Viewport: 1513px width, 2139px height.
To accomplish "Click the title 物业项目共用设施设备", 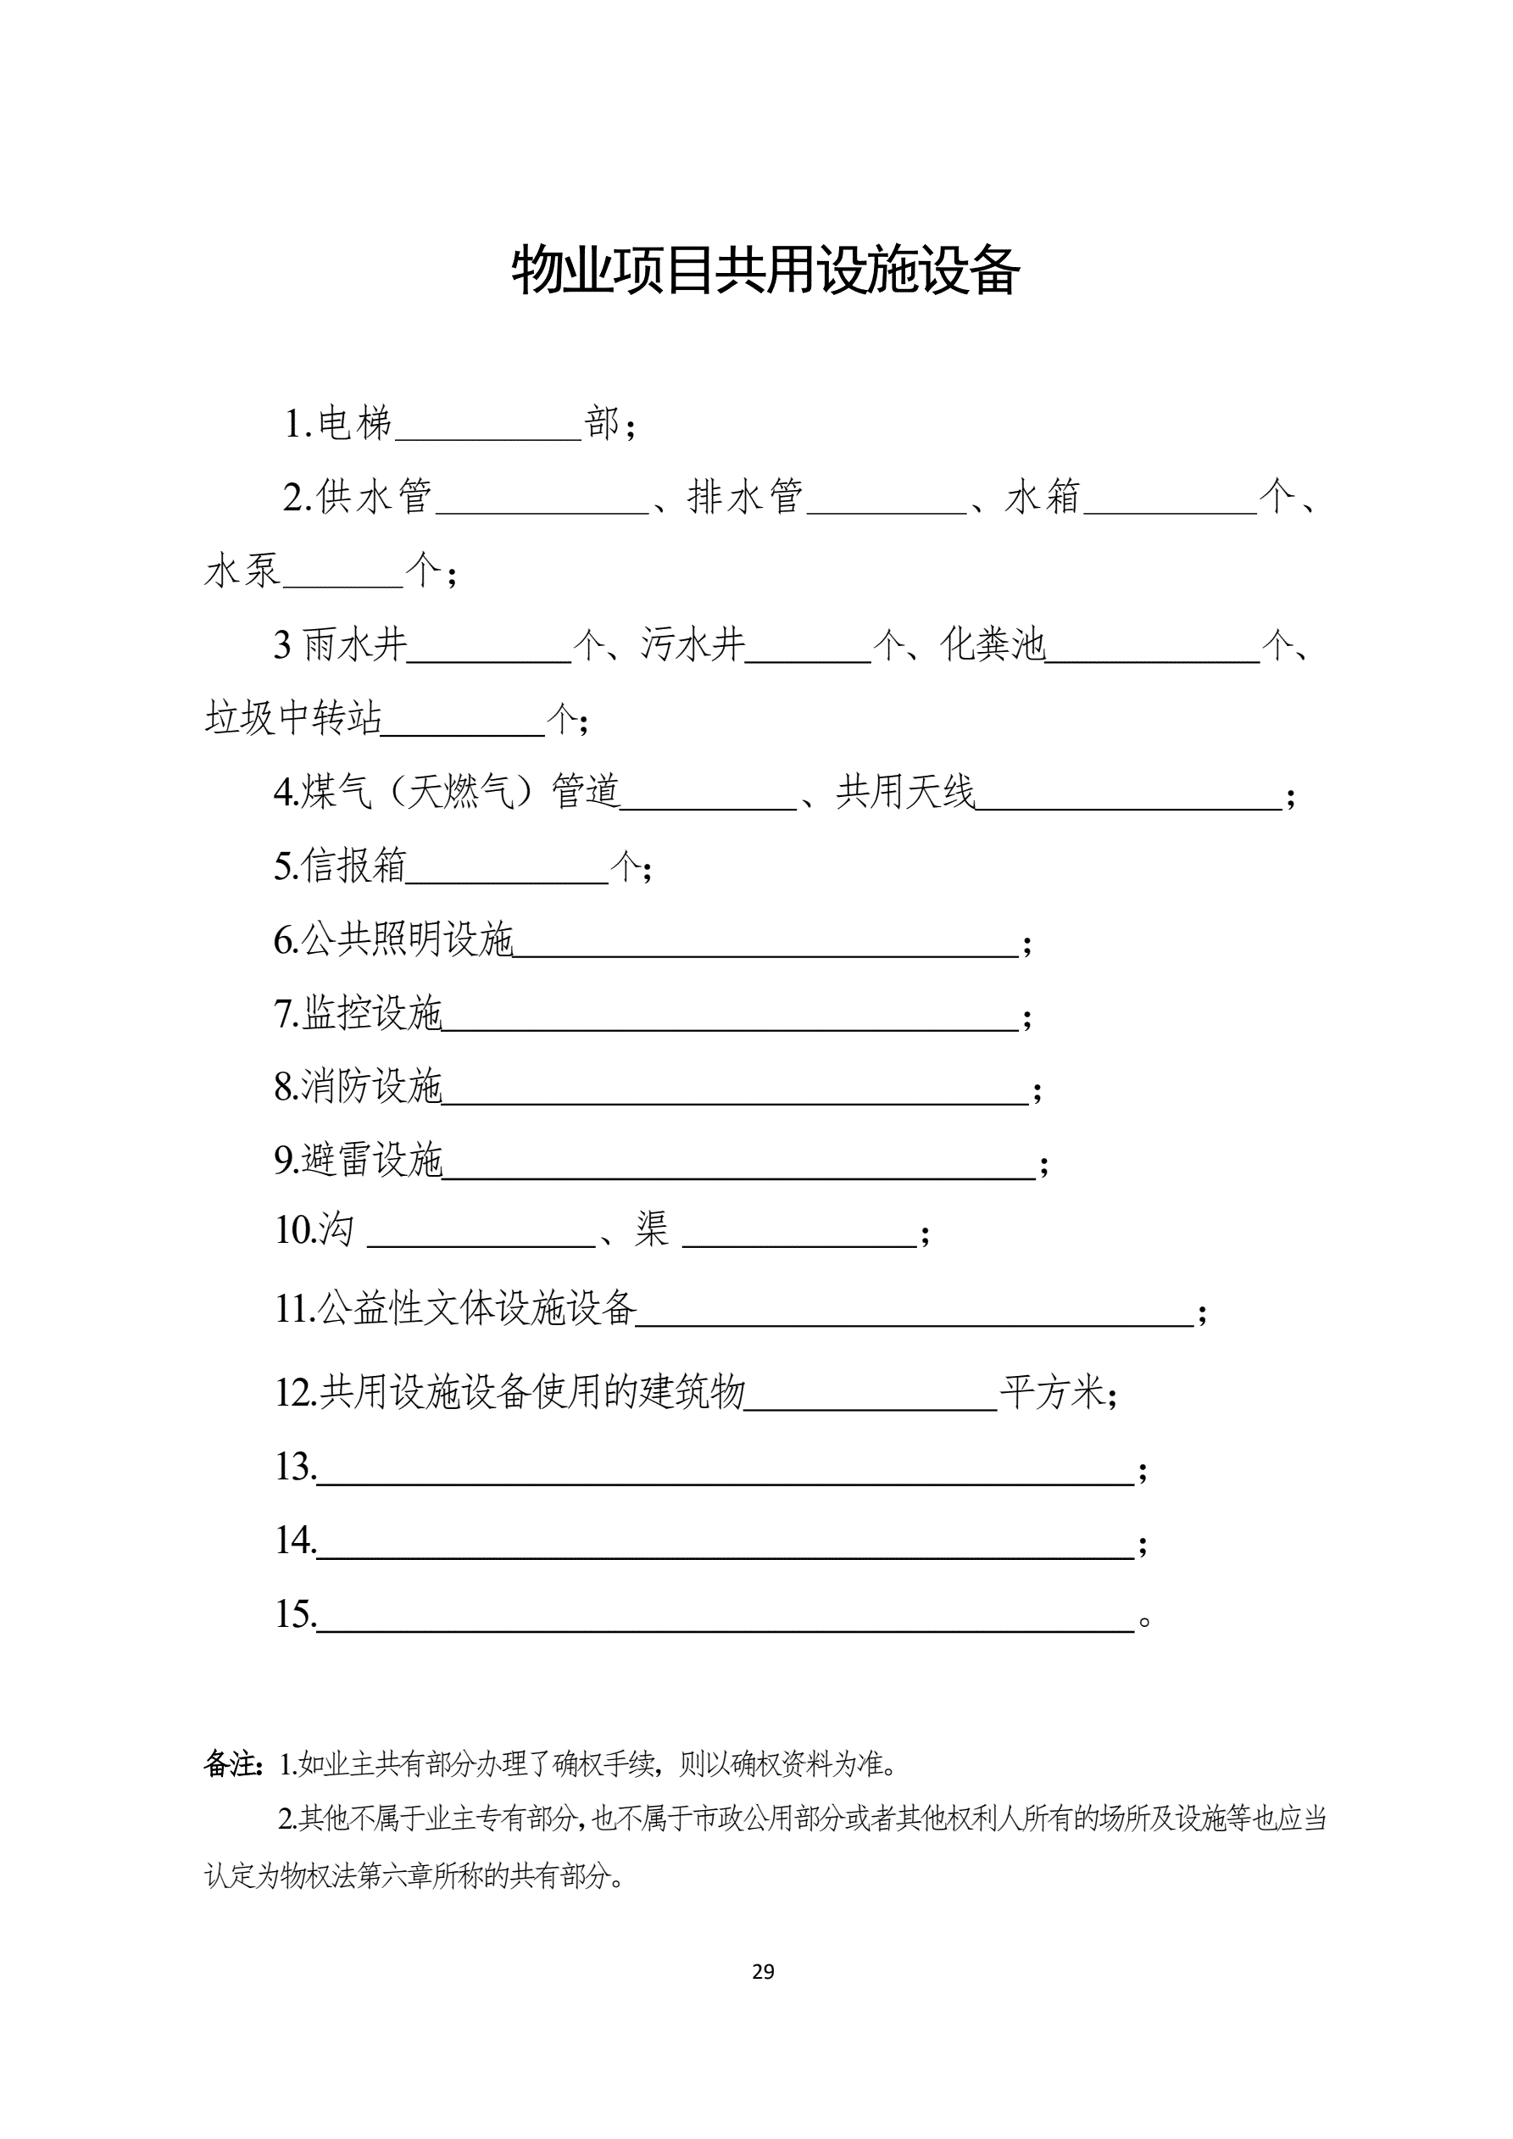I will coord(765,271).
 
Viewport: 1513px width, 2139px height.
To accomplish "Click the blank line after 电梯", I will coord(488,428).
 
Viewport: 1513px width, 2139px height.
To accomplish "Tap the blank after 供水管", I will coord(542,501).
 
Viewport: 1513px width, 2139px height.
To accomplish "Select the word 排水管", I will coord(745,497).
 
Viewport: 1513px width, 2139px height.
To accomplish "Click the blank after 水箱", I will coord(1171,501).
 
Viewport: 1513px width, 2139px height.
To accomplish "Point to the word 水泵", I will coord(242,571).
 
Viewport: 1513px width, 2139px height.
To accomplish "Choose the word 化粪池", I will coord(993,644).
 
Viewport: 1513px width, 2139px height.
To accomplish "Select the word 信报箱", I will coord(353,866).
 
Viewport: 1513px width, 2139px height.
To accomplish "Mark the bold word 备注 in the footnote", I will coord(231,1763).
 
